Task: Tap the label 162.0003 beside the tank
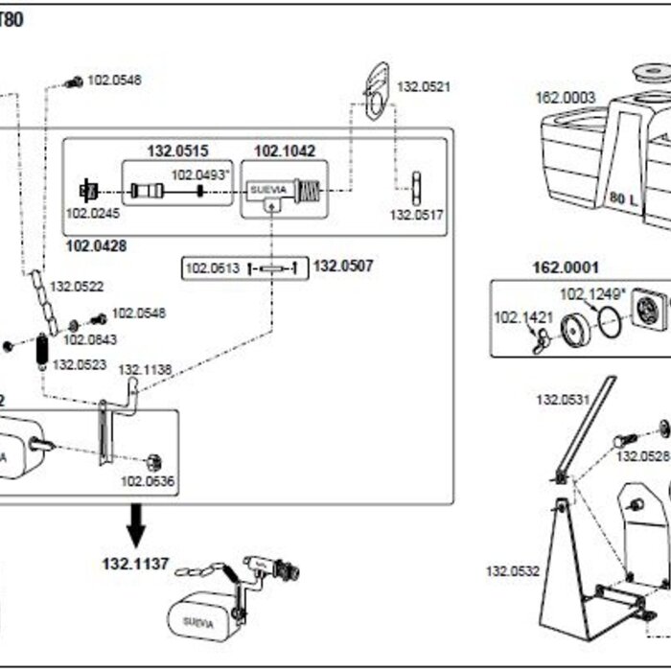(565, 97)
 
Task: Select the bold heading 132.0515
(176, 151)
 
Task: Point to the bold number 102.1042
(284, 151)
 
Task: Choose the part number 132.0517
(417, 215)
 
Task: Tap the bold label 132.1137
(135, 564)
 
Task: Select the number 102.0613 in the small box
(212, 267)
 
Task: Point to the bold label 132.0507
(343, 266)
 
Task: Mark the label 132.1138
(145, 369)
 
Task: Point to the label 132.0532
(512, 571)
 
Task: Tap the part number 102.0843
(90, 338)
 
